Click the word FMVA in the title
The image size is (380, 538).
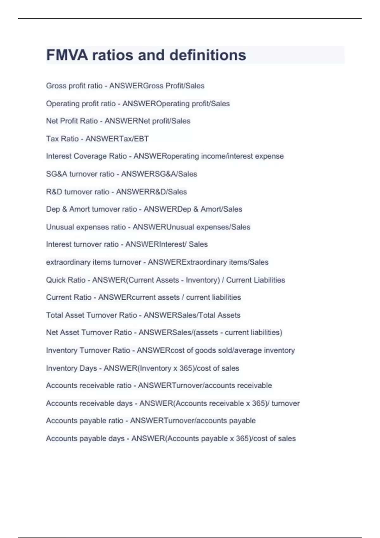click(x=67, y=55)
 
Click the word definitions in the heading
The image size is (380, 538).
click(x=208, y=55)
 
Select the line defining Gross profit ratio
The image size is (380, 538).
click(x=125, y=86)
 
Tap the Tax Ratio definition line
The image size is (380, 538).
click(x=97, y=139)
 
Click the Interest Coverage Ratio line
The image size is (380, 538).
click(x=165, y=156)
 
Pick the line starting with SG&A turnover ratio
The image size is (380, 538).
click(x=121, y=174)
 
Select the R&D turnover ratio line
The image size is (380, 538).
click(x=116, y=192)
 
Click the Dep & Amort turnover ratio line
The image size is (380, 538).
click(x=144, y=209)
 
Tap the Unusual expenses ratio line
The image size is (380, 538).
click(x=148, y=227)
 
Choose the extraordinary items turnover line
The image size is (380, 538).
click(x=157, y=262)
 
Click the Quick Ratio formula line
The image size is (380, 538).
click(x=165, y=280)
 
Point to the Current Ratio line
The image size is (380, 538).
click(x=143, y=297)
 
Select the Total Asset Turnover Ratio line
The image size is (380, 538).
click(x=143, y=315)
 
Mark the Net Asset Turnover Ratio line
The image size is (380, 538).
click(x=164, y=332)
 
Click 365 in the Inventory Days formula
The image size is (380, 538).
click(x=184, y=368)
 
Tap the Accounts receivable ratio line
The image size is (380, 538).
click(x=159, y=385)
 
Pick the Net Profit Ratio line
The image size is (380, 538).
click(x=118, y=121)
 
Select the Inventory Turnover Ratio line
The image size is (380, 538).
click(x=170, y=350)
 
